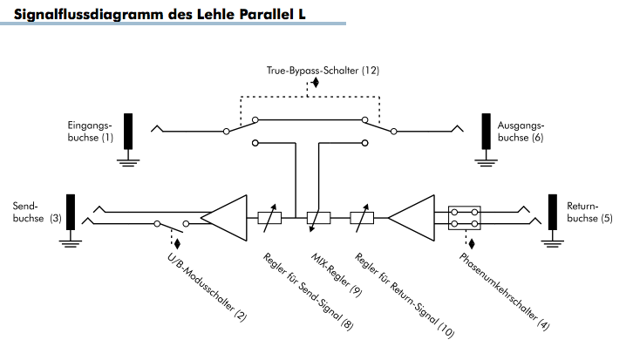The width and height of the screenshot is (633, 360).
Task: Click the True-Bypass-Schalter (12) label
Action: tap(323, 71)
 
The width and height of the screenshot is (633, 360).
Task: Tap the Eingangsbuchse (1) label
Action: tap(91, 132)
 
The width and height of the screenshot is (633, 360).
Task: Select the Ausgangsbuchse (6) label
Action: tap(521, 132)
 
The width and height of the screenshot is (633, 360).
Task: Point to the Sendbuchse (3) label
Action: tap(37, 213)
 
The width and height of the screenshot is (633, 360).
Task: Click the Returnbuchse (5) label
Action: tap(589, 213)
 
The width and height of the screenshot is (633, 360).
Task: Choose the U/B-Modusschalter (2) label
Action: tap(207, 287)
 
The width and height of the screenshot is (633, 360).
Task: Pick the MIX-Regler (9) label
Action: tap(337, 275)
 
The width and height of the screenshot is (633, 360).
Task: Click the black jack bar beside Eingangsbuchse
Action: tap(128, 132)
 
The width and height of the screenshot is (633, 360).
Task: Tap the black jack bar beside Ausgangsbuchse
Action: tap(486, 132)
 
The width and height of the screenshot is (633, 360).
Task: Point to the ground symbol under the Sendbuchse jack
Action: tap(71, 243)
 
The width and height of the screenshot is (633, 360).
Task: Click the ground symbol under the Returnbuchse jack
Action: tap(552, 243)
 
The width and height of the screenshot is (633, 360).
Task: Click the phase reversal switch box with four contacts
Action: tap(464, 218)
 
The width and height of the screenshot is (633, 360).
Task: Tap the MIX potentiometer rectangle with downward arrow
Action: tap(319, 218)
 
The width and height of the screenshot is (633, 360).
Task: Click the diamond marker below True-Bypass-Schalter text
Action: tap(316, 83)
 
